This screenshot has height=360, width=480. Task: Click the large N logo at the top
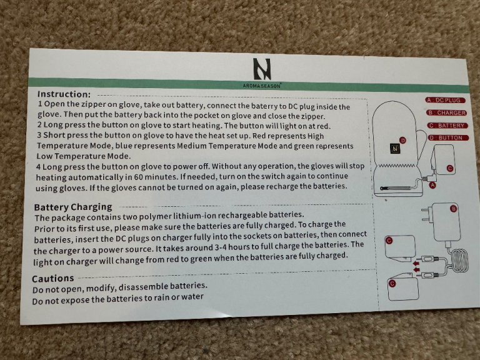pos(262,69)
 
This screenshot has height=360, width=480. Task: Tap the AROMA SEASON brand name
pos(262,86)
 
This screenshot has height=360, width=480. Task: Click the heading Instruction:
pos(64,94)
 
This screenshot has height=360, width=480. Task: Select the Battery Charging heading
pos(73,207)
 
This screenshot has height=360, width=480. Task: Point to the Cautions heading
pos(53,278)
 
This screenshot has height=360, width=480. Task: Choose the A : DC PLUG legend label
pos(445,100)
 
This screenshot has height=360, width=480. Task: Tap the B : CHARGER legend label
pos(447,112)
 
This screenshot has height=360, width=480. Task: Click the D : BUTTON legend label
pos(448,137)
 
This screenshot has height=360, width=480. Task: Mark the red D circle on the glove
pos(403,140)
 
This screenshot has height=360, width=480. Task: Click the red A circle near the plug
pos(432,185)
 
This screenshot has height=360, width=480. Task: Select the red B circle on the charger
pos(453,209)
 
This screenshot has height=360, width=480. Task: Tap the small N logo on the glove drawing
pos(395,149)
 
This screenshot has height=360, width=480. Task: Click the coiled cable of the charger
pos(459,261)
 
